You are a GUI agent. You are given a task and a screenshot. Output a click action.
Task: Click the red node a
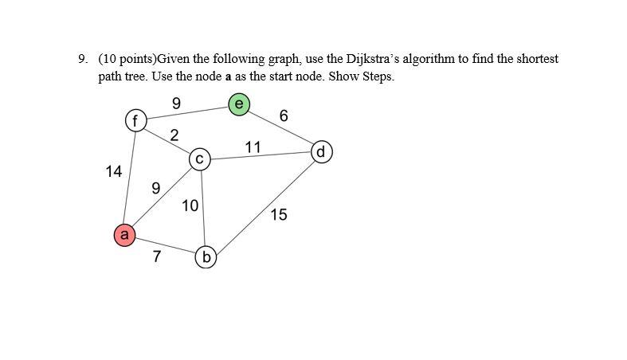123,235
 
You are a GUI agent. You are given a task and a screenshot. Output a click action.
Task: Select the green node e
239,104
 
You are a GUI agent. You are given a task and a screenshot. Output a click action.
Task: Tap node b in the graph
207,256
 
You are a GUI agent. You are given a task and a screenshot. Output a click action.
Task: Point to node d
321,151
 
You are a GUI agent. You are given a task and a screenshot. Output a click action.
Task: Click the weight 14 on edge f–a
113,170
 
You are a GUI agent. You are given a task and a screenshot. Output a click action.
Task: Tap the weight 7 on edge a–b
156,256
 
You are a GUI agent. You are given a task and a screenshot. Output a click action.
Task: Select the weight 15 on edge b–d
279,214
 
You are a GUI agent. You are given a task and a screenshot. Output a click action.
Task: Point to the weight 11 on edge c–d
253,146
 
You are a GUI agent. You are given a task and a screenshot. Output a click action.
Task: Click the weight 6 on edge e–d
284,116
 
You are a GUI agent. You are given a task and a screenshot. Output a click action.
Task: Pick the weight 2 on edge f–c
174,134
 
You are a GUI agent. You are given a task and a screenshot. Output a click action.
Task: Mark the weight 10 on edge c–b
190,205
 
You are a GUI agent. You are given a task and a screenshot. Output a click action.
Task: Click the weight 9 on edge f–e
176,102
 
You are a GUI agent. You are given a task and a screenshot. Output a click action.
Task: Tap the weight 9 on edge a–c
156,189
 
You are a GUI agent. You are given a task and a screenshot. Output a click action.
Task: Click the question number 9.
82,59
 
